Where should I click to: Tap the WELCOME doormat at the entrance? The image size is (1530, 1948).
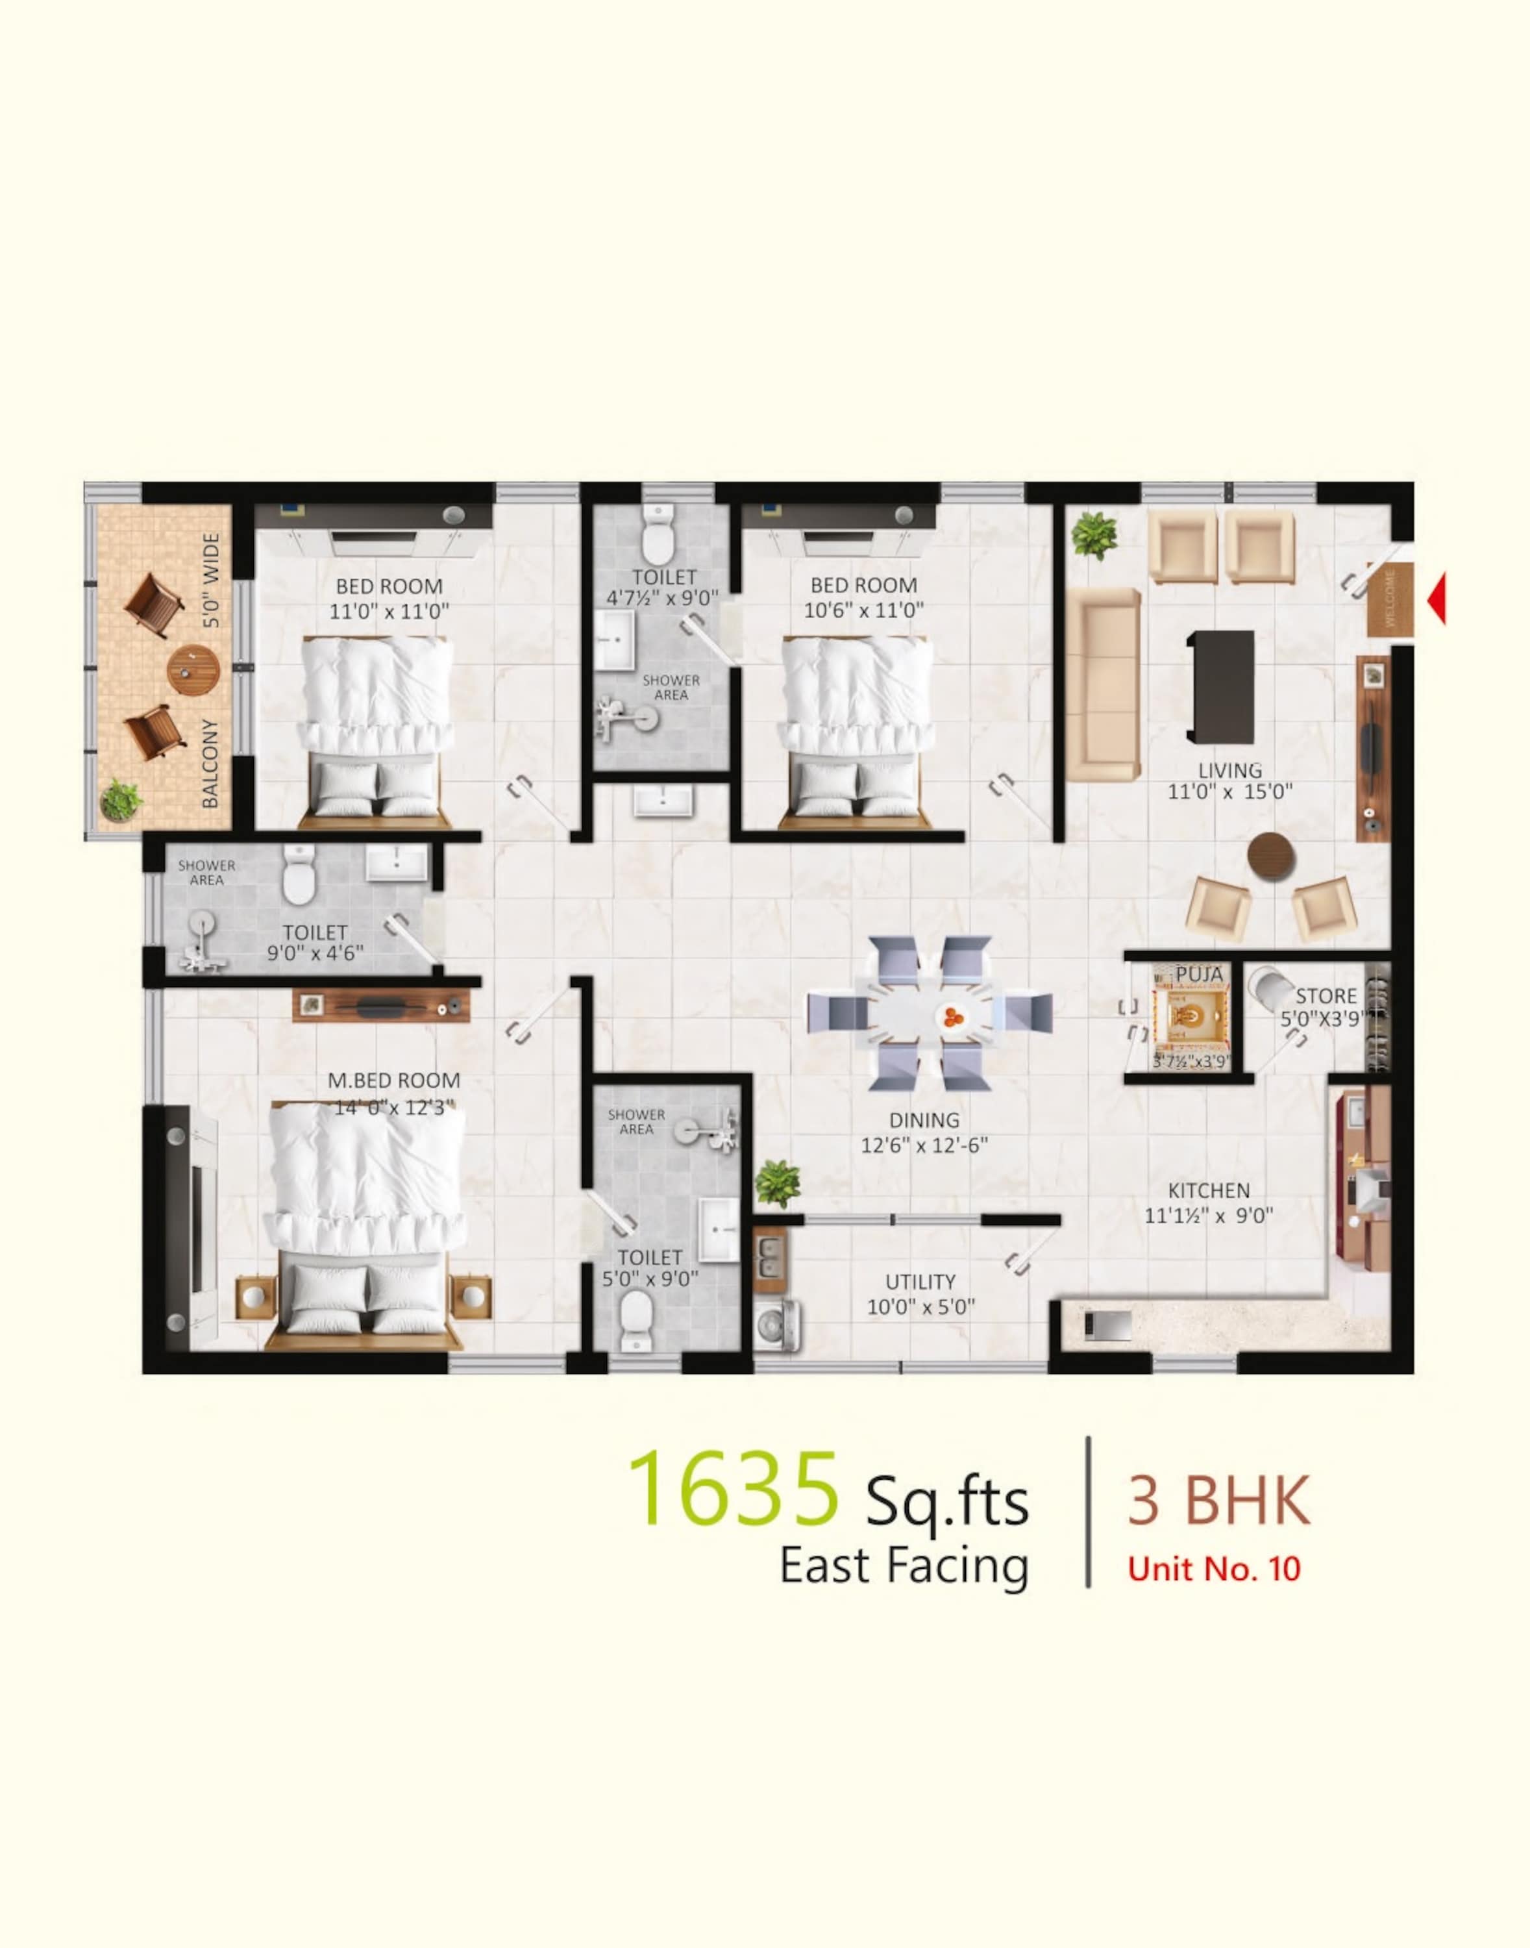[1390, 599]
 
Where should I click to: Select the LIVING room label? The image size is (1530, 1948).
[1230, 769]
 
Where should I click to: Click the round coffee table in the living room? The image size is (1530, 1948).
[1271, 858]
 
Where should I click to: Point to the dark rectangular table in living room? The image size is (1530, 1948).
[1220, 686]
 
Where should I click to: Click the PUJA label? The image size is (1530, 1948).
[1200, 974]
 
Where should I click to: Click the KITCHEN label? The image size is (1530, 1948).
[1209, 1191]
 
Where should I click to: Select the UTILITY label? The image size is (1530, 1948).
[920, 1281]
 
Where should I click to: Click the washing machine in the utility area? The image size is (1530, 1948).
[776, 1325]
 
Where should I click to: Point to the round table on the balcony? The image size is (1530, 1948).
[193, 670]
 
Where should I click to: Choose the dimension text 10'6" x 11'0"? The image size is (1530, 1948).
[863, 610]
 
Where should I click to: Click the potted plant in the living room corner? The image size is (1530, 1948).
[1094, 535]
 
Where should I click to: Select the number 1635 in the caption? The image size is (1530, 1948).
[733, 1489]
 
